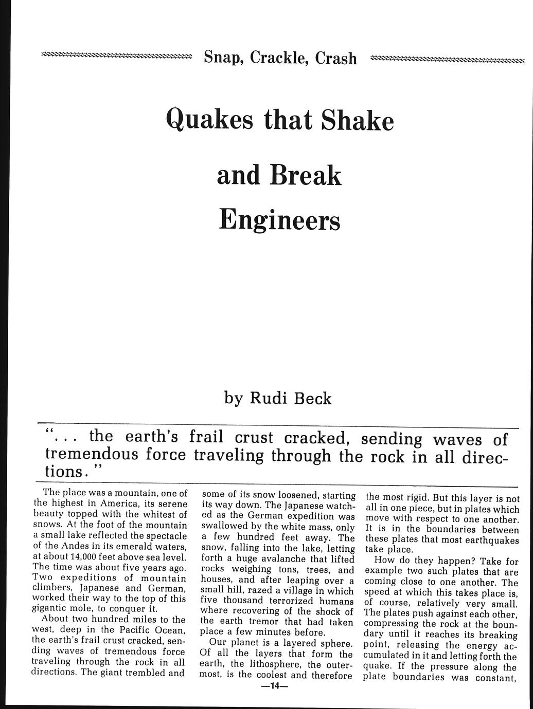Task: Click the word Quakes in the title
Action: click(x=212, y=121)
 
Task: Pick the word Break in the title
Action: click(x=305, y=176)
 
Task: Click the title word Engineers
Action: click(x=279, y=220)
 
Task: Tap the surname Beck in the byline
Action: click(x=313, y=398)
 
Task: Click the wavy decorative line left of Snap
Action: click(x=115, y=55)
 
